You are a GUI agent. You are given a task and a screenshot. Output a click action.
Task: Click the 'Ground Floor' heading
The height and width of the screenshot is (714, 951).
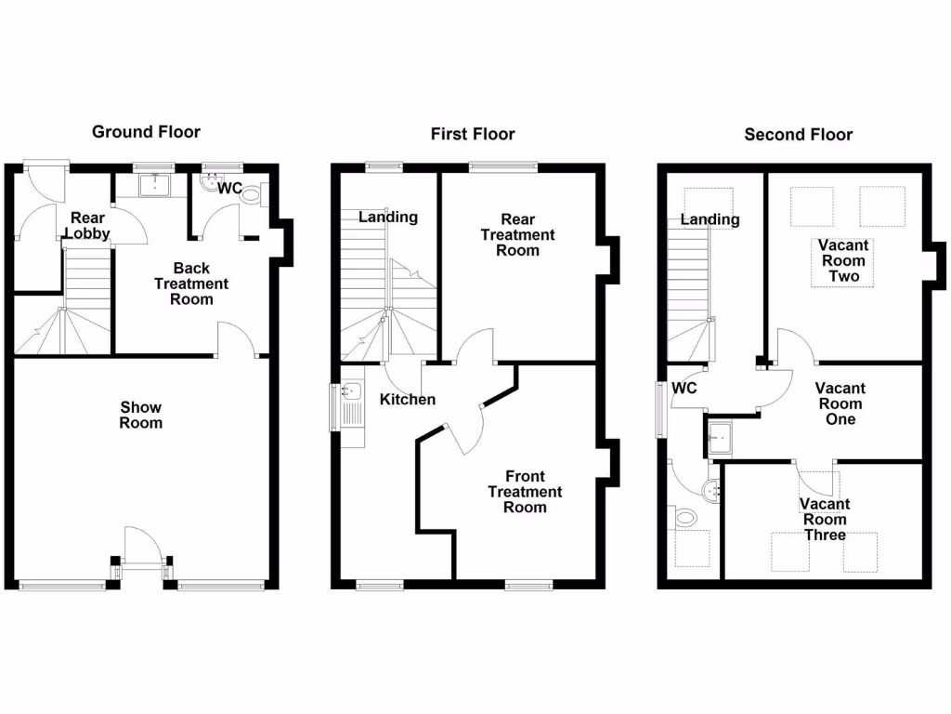click(146, 132)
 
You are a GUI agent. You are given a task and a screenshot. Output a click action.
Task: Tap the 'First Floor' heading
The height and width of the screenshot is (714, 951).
click(472, 134)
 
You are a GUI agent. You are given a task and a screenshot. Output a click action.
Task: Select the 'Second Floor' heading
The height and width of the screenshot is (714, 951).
click(798, 135)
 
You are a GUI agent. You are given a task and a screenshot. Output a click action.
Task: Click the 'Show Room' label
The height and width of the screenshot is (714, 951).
click(141, 415)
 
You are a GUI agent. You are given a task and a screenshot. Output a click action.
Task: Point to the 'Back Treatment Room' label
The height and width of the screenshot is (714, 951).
click(190, 284)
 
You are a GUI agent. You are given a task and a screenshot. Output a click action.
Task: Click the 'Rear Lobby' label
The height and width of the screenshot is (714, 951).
click(90, 226)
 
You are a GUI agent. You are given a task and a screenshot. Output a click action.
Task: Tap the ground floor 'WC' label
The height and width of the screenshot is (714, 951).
click(229, 189)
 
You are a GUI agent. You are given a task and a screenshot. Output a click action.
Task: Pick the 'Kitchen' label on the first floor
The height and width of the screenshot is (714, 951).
click(408, 399)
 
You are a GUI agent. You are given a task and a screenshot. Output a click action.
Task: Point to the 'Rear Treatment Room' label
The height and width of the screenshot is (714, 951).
click(517, 235)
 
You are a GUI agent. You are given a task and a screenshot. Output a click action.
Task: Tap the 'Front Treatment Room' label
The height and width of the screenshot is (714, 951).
click(525, 492)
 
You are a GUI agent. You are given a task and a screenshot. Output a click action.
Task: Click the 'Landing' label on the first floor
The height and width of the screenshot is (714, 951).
click(388, 217)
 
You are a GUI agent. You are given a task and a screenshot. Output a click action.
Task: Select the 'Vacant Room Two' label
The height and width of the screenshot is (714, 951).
click(843, 260)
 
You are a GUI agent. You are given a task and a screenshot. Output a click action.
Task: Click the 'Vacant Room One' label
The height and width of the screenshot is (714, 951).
click(840, 403)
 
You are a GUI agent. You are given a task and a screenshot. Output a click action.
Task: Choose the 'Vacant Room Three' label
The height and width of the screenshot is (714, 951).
click(825, 520)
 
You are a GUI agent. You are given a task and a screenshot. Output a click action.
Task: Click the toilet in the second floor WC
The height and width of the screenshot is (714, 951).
click(685, 517)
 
